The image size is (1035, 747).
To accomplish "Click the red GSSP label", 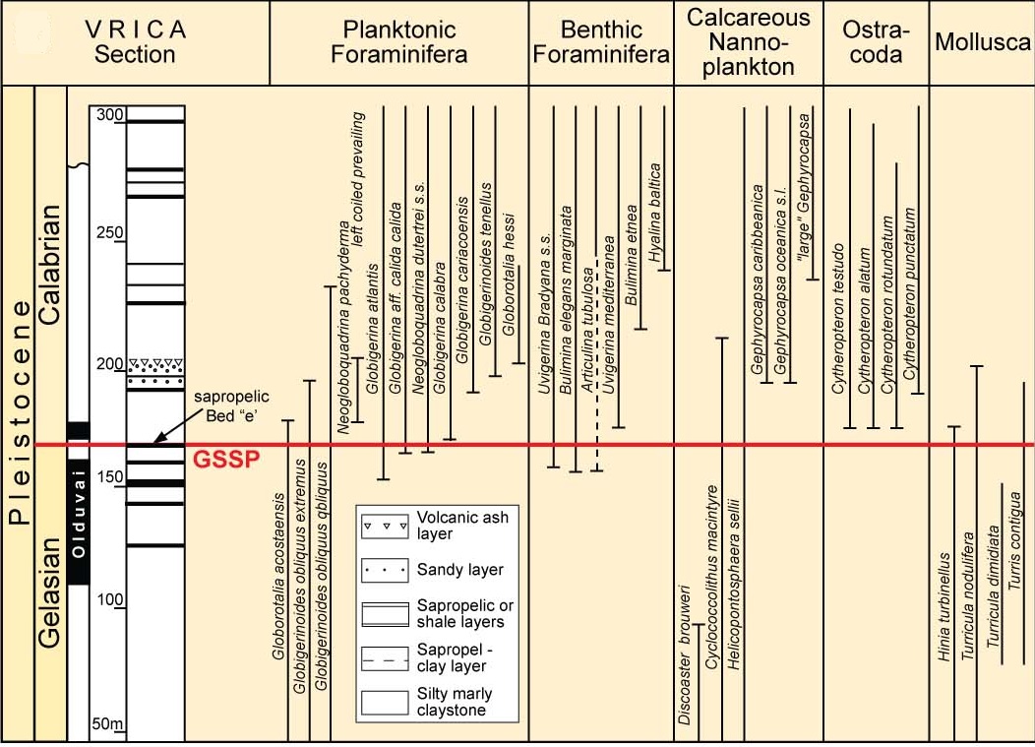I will pyautogui.click(x=224, y=460).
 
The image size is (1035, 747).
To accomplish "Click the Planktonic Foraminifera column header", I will pyautogui.click(x=398, y=42).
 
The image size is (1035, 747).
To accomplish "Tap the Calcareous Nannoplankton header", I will pyautogui.click(x=749, y=42).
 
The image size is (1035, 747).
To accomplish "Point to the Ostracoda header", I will pyautogui.click(x=875, y=42).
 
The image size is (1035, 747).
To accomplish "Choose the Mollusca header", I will pyautogui.click(x=981, y=42).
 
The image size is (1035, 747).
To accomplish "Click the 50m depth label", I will pyautogui.click(x=107, y=725).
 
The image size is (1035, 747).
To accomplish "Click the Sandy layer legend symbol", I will pyautogui.click(x=384, y=569).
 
